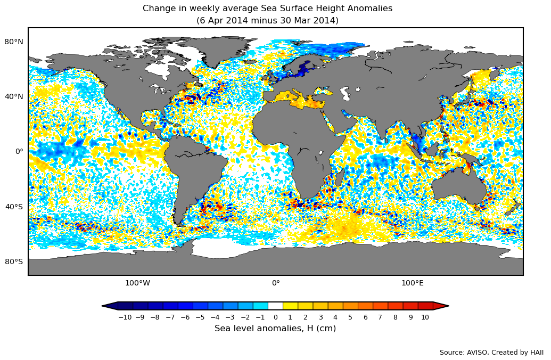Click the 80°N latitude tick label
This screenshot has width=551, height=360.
14,42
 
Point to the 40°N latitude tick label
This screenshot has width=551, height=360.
14,96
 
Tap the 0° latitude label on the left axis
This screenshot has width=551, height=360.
19,151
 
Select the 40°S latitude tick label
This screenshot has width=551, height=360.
14,207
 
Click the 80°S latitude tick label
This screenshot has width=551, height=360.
14,261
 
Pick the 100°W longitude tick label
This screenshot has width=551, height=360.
137,283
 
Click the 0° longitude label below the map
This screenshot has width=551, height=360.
276,283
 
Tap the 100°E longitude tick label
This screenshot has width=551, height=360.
413,283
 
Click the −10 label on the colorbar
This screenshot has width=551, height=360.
125,317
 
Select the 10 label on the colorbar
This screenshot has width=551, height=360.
425,317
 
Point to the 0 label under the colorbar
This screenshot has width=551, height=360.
275,317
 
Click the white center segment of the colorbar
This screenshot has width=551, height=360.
275,306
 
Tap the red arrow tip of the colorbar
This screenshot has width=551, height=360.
442,306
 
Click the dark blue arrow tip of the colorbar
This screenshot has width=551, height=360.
109,306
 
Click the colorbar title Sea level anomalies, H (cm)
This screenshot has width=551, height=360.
275,329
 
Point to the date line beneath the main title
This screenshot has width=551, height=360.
267,21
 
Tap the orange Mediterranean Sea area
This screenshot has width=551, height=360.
298,100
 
